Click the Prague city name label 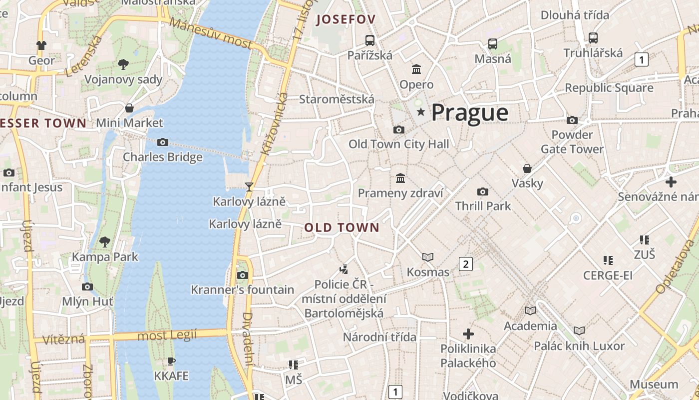tap(470, 112)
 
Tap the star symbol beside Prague tap(421, 111)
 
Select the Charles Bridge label tap(163, 157)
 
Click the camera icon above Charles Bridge tap(162, 142)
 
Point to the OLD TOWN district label tap(342, 228)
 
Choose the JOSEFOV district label tap(346, 19)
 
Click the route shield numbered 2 tap(466, 264)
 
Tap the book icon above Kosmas tap(428, 257)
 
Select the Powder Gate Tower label tap(572, 142)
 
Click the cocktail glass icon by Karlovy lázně tap(249, 187)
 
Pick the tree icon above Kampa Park tap(105, 242)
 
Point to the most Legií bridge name tap(167, 335)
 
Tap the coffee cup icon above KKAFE tap(171, 361)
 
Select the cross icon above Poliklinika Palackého tap(468, 333)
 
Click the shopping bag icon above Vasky tap(527, 168)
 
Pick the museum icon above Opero tap(416, 69)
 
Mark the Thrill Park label tap(483, 206)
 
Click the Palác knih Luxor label tap(579, 346)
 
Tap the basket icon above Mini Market tap(129, 108)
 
